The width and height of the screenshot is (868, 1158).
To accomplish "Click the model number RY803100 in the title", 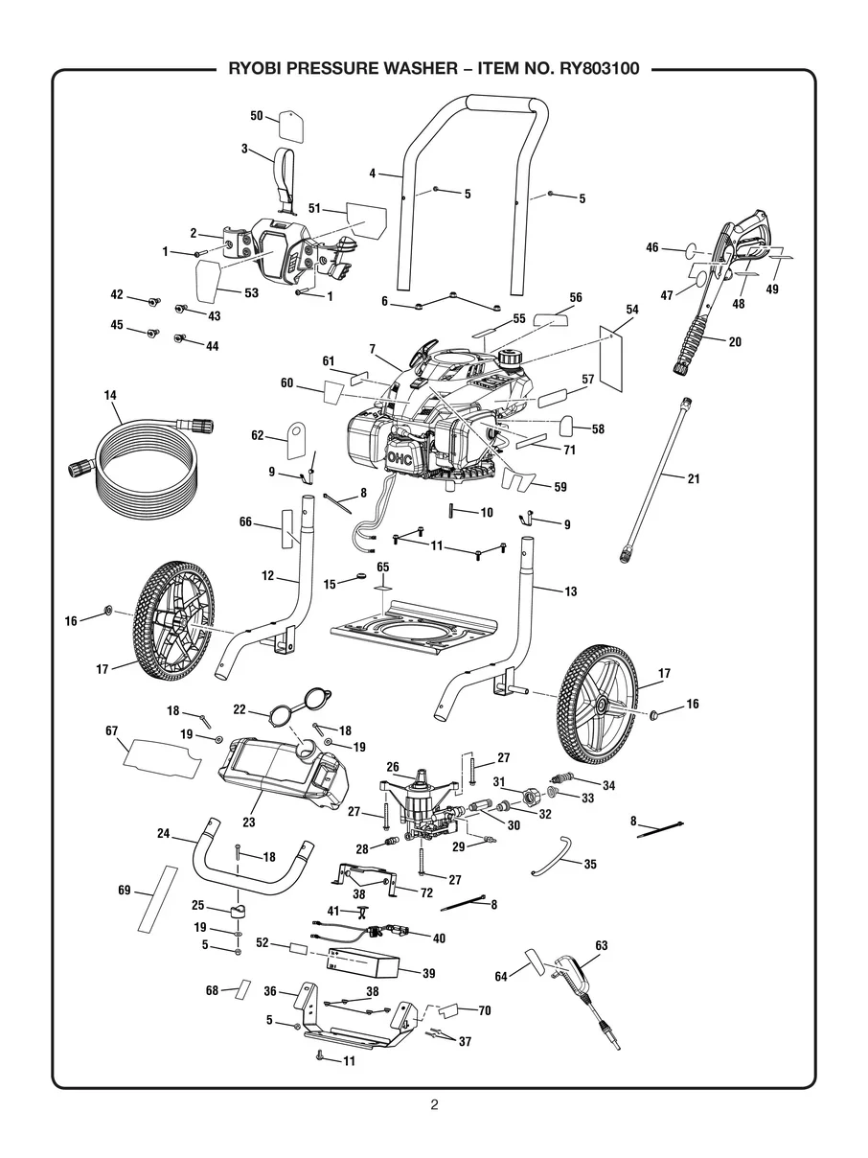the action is click(600, 69).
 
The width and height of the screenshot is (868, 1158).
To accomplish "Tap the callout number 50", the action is click(256, 116).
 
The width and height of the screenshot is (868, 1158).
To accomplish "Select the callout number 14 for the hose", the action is click(110, 395).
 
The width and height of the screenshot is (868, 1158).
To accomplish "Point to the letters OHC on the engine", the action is click(400, 458).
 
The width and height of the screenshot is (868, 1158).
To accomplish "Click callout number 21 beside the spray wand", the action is click(694, 478).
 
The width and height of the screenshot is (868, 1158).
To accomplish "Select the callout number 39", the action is click(429, 973).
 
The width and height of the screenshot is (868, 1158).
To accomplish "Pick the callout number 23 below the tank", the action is click(249, 822).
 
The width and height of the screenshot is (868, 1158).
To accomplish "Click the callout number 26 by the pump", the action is click(393, 767).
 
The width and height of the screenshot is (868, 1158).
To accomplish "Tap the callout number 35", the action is click(590, 864).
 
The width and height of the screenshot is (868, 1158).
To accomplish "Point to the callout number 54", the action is click(632, 310).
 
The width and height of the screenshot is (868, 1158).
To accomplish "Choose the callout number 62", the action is click(257, 436).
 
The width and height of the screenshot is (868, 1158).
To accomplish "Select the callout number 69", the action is click(124, 891).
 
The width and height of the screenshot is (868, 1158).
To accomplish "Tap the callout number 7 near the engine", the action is click(372, 349).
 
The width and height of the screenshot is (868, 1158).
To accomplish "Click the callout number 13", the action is click(571, 591).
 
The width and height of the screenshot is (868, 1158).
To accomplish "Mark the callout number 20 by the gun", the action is click(735, 342).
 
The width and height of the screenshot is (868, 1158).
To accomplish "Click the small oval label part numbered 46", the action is click(694, 250).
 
